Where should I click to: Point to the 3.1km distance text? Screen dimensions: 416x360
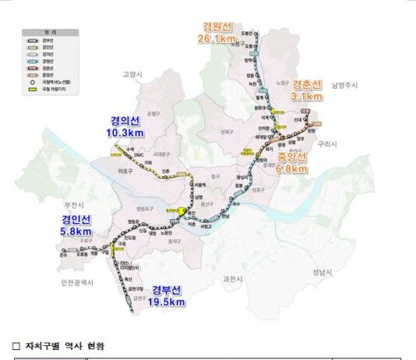(307, 97)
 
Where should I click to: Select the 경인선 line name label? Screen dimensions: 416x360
(75, 219)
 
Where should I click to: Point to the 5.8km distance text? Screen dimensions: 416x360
(75, 231)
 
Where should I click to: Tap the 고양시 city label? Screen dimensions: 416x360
(133, 75)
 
